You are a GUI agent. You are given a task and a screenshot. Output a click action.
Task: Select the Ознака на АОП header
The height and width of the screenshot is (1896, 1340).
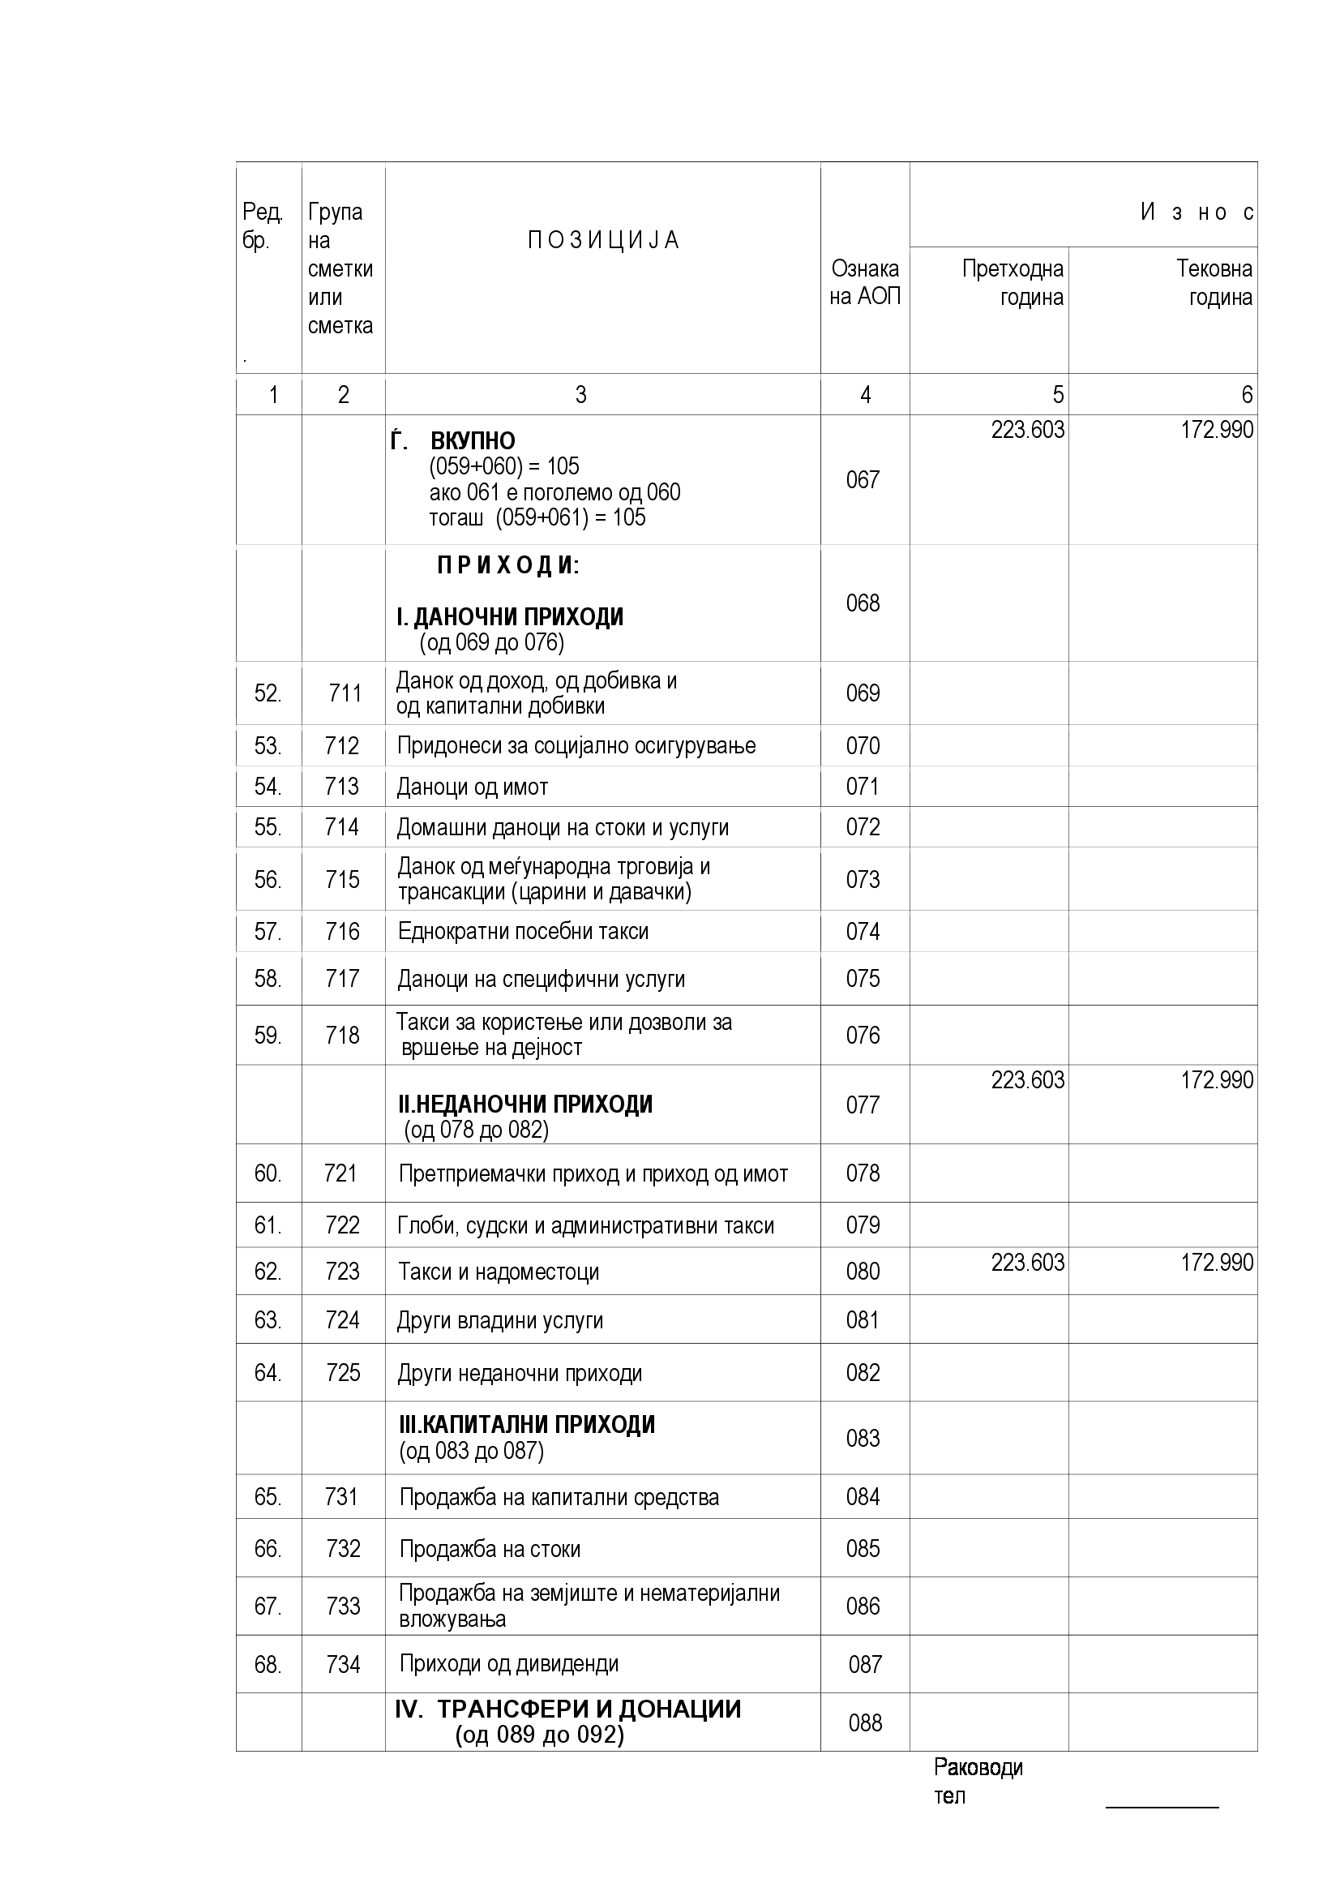click(x=864, y=282)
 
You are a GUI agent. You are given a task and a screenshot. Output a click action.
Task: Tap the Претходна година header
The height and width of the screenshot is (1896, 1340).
click(x=1013, y=282)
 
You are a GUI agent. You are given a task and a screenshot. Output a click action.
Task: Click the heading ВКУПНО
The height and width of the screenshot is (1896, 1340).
click(x=473, y=441)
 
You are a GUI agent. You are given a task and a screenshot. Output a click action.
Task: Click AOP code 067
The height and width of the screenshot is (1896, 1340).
click(x=863, y=480)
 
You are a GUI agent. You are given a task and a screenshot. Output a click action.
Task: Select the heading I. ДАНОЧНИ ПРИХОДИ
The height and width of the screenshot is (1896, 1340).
click(x=510, y=617)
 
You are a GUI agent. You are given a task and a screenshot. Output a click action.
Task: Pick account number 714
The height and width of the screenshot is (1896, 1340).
click(x=342, y=826)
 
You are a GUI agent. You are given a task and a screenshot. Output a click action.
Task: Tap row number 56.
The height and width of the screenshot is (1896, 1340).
click(x=268, y=879)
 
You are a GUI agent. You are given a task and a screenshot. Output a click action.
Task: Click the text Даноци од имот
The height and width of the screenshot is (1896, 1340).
click(x=473, y=787)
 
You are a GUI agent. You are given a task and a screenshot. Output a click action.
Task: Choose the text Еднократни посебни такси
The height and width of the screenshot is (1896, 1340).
click(x=524, y=932)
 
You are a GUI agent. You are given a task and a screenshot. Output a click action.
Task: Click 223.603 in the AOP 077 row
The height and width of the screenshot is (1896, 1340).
click(x=1027, y=1080)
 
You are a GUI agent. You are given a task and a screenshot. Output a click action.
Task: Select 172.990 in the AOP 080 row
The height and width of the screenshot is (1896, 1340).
click(x=1216, y=1263)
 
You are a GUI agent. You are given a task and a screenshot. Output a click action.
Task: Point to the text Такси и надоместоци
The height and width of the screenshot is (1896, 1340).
click(x=499, y=1272)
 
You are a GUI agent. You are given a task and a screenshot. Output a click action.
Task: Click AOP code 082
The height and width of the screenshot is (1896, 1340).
click(x=863, y=1372)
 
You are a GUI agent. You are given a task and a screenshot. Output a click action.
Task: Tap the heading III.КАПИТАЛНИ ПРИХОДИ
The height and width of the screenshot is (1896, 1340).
click(x=527, y=1425)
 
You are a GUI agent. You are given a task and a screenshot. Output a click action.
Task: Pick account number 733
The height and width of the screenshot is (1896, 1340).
click(x=343, y=1606)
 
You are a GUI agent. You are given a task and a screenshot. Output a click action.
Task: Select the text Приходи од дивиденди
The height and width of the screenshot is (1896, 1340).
click(x=508, y=1664)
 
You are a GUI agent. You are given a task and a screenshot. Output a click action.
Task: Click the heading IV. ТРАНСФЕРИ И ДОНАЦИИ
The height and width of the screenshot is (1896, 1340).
click(x=568, y=1709)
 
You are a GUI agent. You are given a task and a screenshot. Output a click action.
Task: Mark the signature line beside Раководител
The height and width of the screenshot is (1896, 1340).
click(x=1162, y=1808)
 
